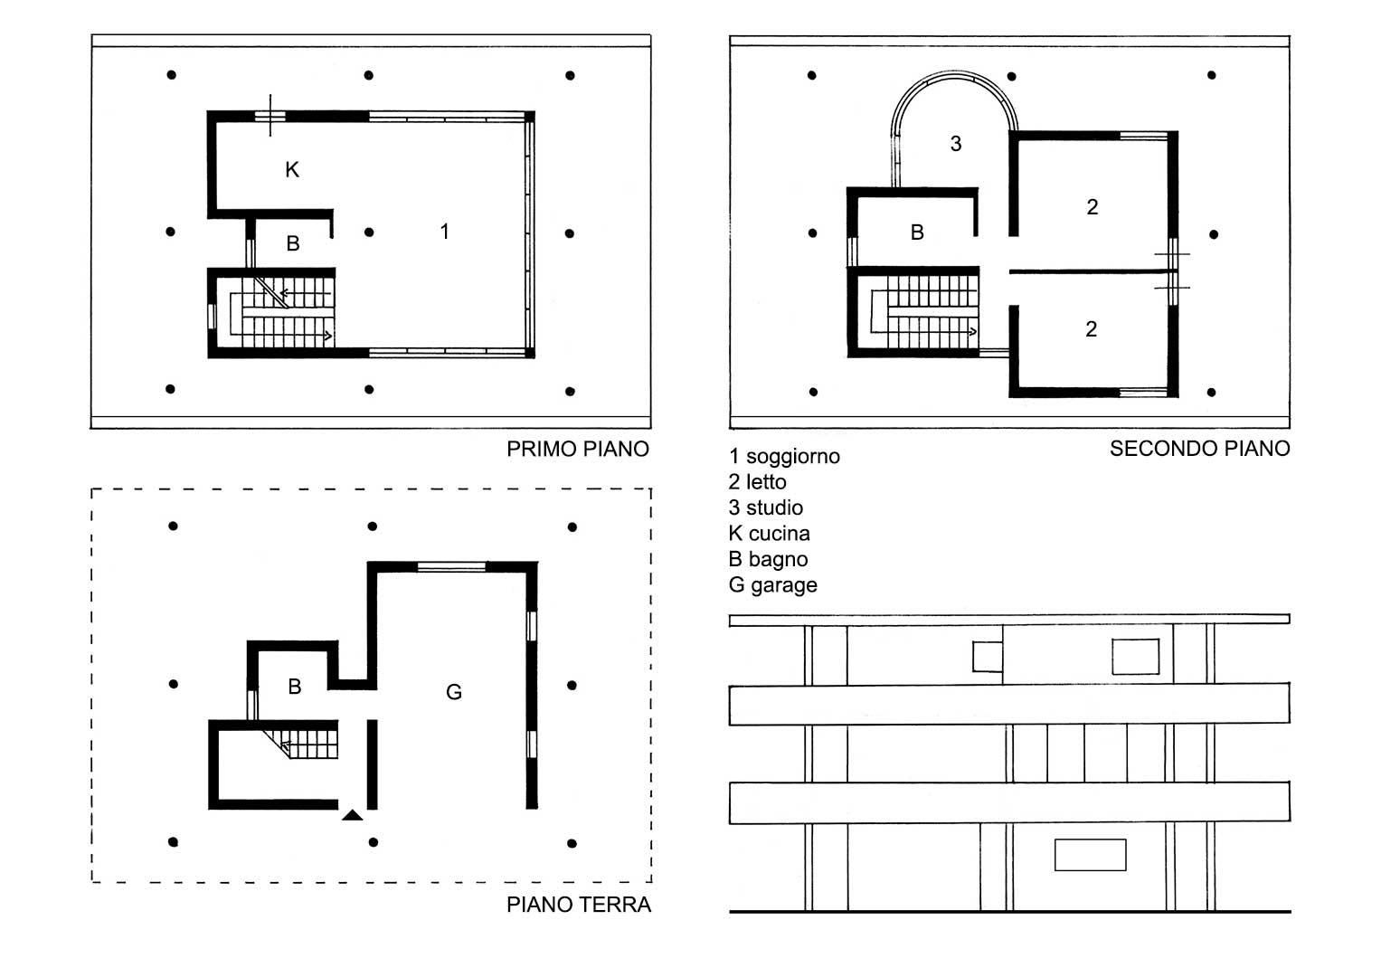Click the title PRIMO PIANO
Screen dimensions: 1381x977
point(578,449)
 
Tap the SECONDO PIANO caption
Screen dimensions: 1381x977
point(1199,449)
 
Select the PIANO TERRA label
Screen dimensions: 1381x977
point(578,905)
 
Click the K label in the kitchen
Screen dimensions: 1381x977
point(292,170)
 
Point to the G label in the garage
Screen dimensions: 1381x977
point(454,692)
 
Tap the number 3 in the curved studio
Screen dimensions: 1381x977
point(956,144)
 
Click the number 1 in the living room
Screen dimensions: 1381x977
point(445,232)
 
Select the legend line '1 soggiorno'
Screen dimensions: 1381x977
point(784,457)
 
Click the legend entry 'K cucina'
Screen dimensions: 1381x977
point(770,534)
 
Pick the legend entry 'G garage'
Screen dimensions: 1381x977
point(773,584)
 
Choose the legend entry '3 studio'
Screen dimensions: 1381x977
point(766,507)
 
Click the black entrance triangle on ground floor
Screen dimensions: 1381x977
point(353,815)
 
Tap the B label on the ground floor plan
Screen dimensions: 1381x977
point(295,687)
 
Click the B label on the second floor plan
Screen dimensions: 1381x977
point(917,232)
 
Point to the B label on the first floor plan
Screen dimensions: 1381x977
point(293,243)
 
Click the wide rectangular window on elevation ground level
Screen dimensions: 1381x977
point(1090,855)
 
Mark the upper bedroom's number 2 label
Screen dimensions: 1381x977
point(1092,207)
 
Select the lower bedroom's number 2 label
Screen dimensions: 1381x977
point(1092,329)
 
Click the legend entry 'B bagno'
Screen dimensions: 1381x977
point(768,559)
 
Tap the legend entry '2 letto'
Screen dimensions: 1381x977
point(758,481)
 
